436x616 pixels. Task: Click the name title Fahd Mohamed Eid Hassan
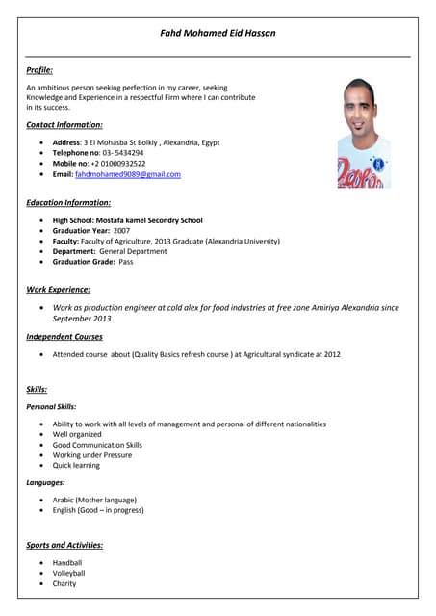[x=218, y=33]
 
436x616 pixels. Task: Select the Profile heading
[x=39, y=70]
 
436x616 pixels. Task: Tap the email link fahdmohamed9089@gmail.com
[x=128, y=174]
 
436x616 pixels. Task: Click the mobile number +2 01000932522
[x=119, y=164]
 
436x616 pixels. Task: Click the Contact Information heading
[x=64, y=125]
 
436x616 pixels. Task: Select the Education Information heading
[x=68, y=203]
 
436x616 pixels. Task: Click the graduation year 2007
[x=121, y=231]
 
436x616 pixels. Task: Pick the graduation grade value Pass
[x=126, y=262]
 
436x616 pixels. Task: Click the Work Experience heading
[x=59, y=289]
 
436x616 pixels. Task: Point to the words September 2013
[x=82, y=318]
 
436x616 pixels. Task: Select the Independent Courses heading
[x=64, y=337]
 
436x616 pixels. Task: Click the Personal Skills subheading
[x=51, y=407]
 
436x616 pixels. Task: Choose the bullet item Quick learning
[x=76, y=465]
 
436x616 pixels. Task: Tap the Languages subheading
[x=45, y=482]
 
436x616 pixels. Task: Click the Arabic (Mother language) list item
[x=94, y=500]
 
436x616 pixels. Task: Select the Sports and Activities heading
[x=64, y=546]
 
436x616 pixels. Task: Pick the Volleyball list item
[x=68, y=573]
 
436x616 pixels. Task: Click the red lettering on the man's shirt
[x=362, y=176]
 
